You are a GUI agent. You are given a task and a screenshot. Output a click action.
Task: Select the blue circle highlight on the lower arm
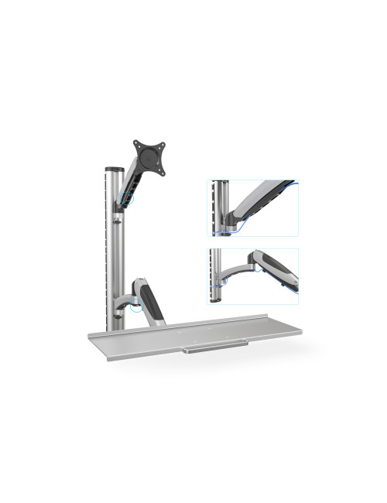[137, 303]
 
